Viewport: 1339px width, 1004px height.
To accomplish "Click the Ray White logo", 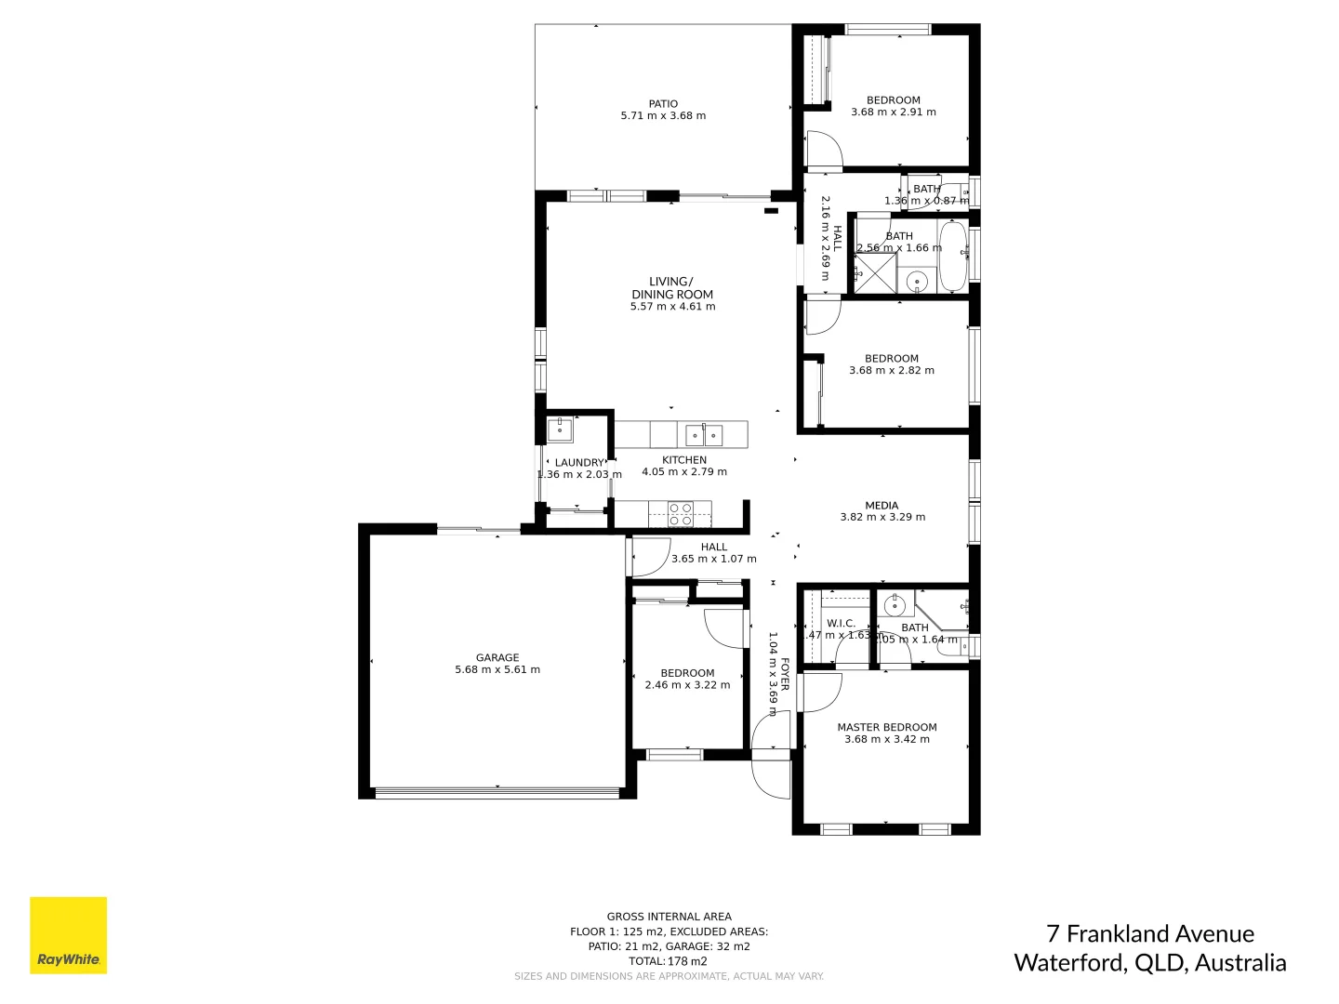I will pyautogui.click(x=69, y=935).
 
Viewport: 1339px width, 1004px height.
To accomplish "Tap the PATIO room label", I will pyautogui.click(x=663, y=104).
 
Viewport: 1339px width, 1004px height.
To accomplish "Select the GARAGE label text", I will pyautogui.click(x=497, y=658).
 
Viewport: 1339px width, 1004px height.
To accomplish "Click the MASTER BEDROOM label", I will pyautogui.click(x=886, y=728).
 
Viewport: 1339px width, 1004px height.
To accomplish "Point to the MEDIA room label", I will pyautogui.click(x=882, y=506).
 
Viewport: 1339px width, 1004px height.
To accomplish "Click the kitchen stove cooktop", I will pyautogui.click(x=681, y=514).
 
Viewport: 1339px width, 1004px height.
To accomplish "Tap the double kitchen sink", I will pyautogui.click(x=704, y=434).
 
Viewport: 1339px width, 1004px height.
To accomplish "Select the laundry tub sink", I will pyautogui.click(x=560, y=429).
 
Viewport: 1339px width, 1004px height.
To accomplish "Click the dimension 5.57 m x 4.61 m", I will pyautogui.click(x=672, y=307).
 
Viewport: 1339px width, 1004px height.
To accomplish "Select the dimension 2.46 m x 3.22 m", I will pyautogui.click(x=687, y=685).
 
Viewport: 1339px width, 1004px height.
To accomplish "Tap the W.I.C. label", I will pyautogui.click(x=841, y=624).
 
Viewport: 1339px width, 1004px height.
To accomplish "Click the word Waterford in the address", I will pyautogui.click(x=1067, y=962).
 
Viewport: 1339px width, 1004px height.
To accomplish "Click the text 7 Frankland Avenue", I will pyautogui.click(x=1149, y=933).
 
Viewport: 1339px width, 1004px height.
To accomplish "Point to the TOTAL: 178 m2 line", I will pyautogui.click(x=669, y=961).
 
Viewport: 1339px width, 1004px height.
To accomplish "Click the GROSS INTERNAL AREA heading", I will pyautogui.click(x=669, y=917).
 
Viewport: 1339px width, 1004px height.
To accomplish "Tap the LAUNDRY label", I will pyautogui.click(x=579, y=463).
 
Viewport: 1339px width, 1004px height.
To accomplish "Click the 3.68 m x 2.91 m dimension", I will pyautogui.click(x=893, y=112).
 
